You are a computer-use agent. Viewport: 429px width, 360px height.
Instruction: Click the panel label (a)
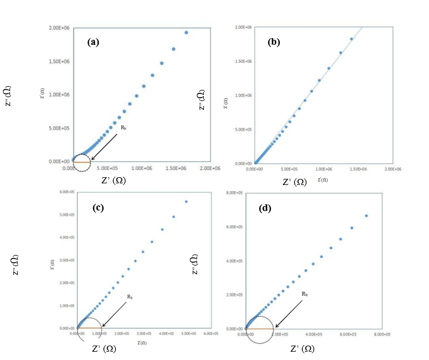pyautogui.click(x=93, y=42)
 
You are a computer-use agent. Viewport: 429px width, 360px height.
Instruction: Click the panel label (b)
pyautogui.click(x=274, y=42)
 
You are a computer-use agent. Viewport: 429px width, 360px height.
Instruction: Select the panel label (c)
pyautogui.click(x=99, y=209)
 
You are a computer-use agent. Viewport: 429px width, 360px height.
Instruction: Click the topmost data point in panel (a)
pyautogui.click(x=186, y=33)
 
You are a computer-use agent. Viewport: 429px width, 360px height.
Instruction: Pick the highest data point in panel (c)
pyautogui.click(x=186, y=202)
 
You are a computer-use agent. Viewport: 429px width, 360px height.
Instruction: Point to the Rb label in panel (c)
pyautogui.click(x=130, y=297)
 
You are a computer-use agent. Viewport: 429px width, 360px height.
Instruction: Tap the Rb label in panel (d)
pyautogui.click(x=305, y=294)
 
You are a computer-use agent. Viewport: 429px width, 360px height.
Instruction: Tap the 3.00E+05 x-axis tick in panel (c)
pyautogui.click(x=143, y=334)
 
